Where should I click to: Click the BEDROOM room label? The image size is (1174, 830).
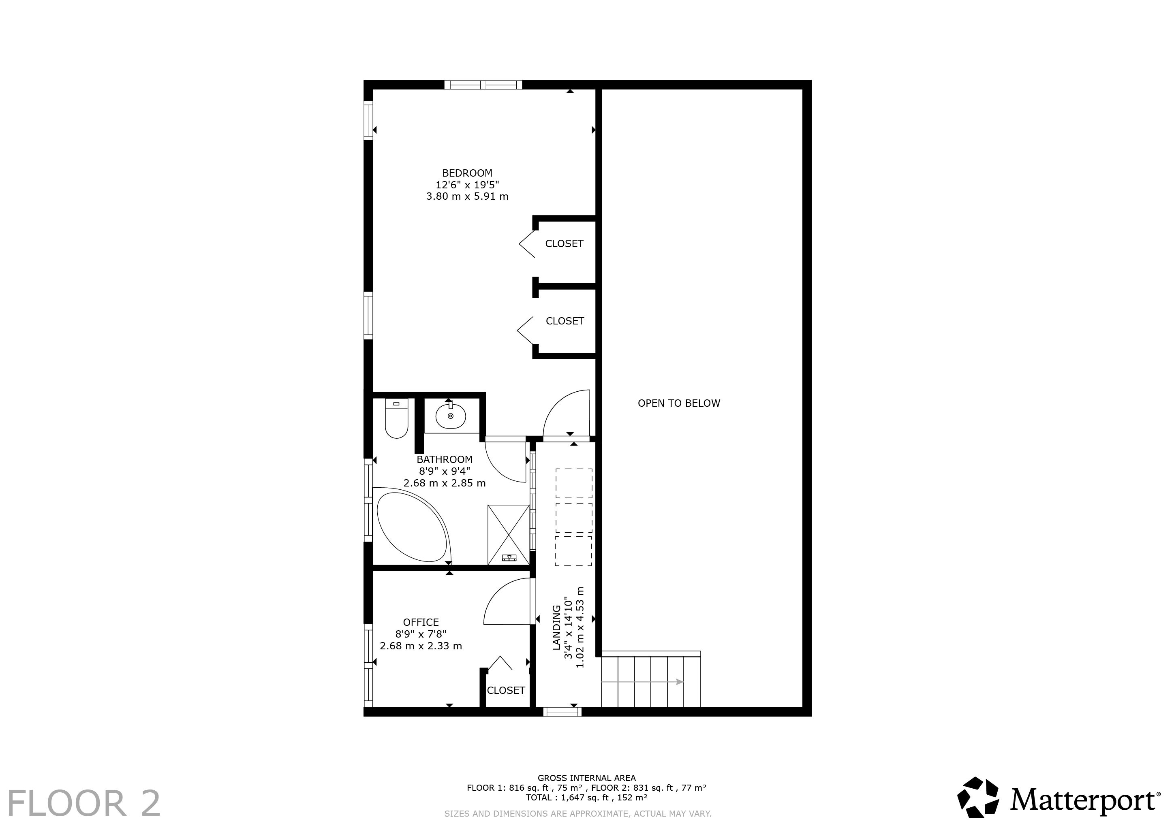coord(467,173)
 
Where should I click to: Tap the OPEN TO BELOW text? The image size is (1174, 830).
coord(678,403)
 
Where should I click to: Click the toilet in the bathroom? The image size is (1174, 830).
coord(396,418)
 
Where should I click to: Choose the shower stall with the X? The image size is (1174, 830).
coord(508,535)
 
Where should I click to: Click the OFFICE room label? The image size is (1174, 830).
coord(421,622)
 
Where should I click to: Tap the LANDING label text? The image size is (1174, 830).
coord(556,627)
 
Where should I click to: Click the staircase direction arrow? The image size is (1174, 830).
coord(643,682)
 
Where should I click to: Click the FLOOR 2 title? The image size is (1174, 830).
coord(84,803)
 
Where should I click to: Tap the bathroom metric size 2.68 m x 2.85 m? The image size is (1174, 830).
coord(444,483)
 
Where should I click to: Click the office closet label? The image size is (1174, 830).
coord(506,691)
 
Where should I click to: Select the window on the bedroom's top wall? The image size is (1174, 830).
coord(483,85)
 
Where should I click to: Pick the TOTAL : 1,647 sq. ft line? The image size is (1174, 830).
coord(586,797)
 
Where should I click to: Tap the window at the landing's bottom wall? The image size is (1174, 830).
coord(562,711)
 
